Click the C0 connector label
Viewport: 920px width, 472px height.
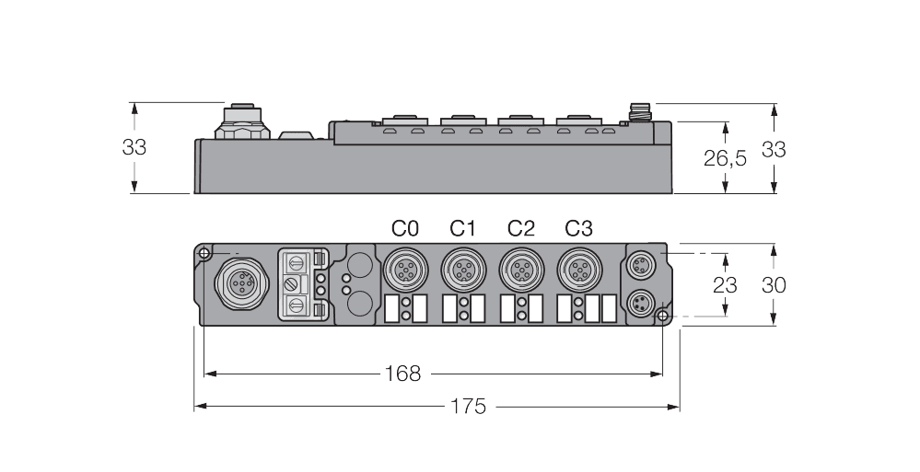(405, 228)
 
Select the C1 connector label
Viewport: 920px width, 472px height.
(462, 228)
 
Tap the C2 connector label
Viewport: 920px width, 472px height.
(520, 228)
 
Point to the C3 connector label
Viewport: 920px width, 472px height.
(578, 228)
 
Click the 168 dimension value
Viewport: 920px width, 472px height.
(402, 374)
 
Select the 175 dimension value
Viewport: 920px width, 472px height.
(468, 406)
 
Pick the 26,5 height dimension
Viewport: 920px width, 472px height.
(725, 158)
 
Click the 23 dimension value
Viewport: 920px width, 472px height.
(725, 285)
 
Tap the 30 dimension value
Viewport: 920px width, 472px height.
(774, 285)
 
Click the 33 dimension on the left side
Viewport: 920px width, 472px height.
(134, 147)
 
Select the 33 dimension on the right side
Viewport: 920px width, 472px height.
(774, 149)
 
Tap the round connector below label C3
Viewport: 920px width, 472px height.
(577, 270)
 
